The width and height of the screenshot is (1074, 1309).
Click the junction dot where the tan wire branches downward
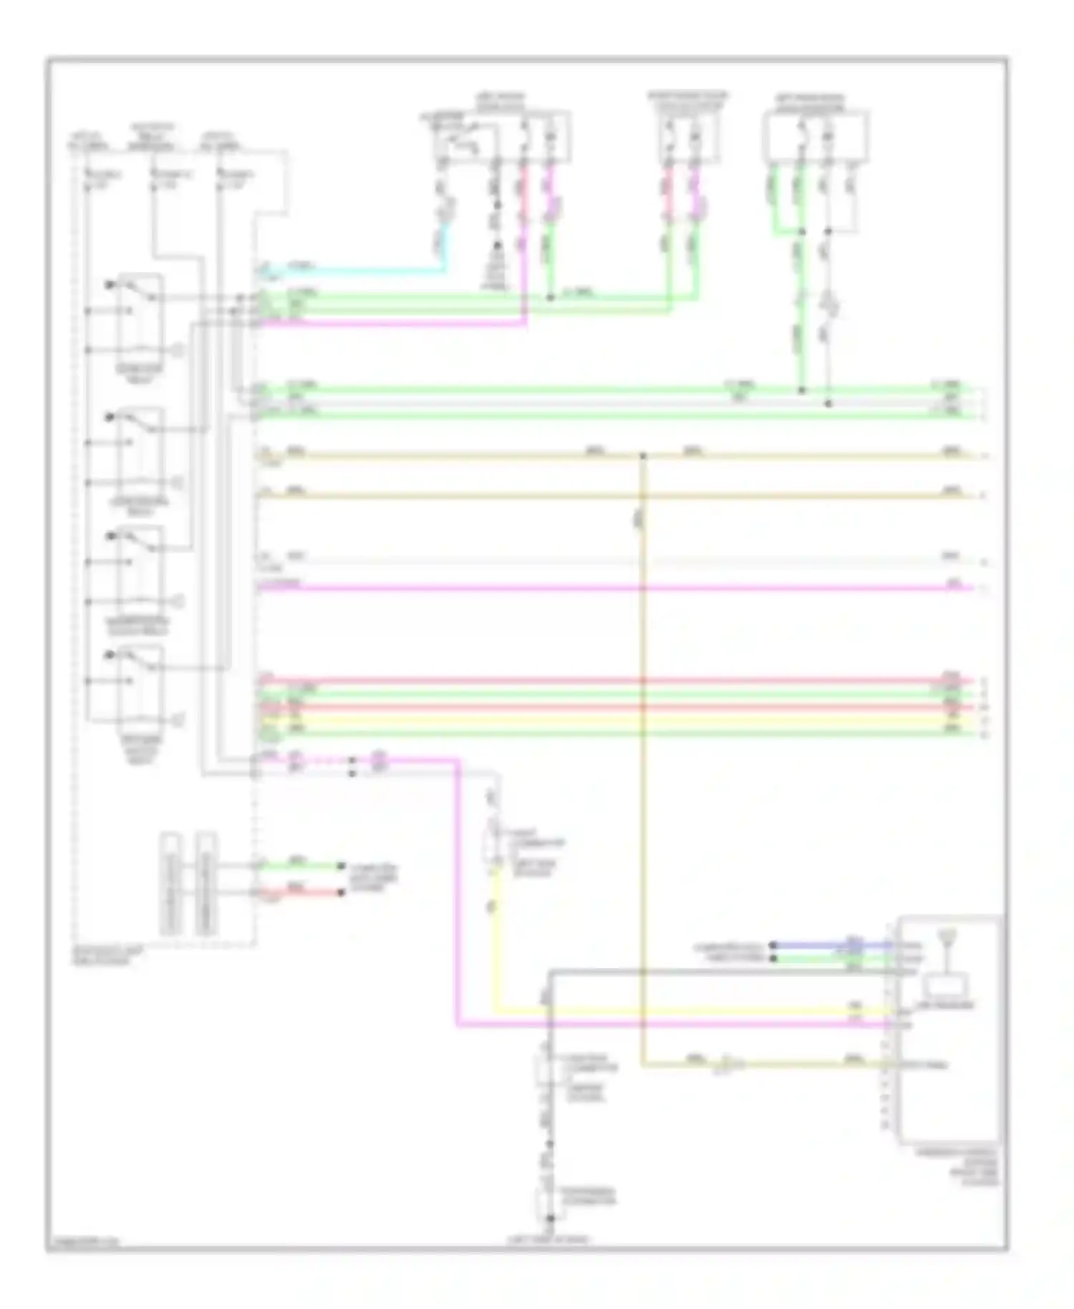click(642, 455)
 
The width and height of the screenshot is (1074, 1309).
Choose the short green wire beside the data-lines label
click(301, 866)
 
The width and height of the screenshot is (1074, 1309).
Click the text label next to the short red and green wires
click(372, 879)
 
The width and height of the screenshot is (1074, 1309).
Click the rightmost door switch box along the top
click(816, 136)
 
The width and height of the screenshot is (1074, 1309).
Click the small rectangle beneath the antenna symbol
click(948, 986)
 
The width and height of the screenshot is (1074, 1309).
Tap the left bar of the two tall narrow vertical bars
click(170, 884)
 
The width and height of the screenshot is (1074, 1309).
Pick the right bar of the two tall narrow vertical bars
click(206, 884)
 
